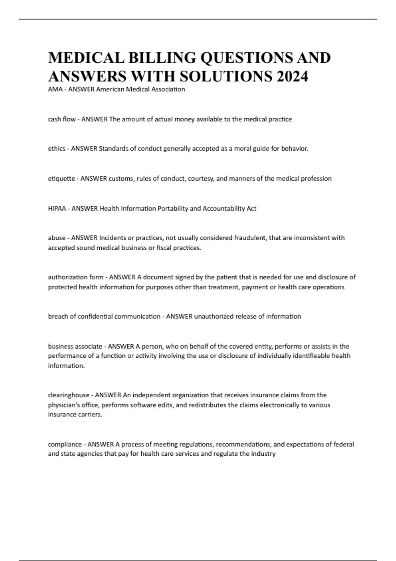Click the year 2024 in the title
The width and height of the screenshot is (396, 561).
[292, 76]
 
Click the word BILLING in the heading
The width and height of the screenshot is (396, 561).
[162, 58]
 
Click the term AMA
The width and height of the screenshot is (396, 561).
[55, 89]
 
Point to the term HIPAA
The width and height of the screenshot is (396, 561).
[57, 209]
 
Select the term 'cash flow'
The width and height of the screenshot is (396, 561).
[62, 119]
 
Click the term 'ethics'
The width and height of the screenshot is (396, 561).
[56, 149]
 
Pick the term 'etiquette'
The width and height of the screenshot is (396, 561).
[61, 179]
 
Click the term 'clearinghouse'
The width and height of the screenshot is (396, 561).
[69, 395]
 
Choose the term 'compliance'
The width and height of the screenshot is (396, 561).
[65, 445]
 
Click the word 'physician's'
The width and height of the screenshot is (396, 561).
[63, 405]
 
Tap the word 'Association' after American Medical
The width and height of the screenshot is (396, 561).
[168, 89]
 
